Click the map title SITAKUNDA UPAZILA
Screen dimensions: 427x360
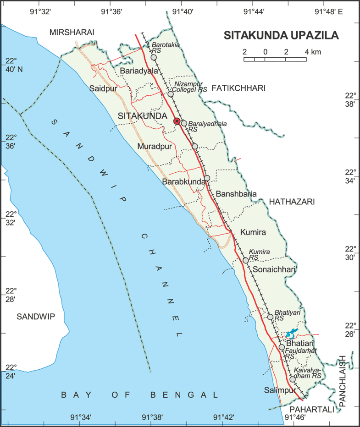click(281, 36)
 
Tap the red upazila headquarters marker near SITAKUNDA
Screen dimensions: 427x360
click(177, 121)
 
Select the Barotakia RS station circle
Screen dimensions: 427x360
click(154, 58)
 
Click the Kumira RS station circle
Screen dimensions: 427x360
click(246, 260)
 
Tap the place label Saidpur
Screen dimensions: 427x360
click(104, 88)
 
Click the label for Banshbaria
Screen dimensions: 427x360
click(236, 193)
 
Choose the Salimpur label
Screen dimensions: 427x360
click(277, 390)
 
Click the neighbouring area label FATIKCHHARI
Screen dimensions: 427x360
click(238, 88)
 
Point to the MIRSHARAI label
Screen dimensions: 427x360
click(72, 32)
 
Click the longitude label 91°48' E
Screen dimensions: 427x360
click(329, 13)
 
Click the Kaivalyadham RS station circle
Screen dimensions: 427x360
click(293, 379)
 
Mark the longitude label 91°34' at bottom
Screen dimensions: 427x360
click(81, 417)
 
